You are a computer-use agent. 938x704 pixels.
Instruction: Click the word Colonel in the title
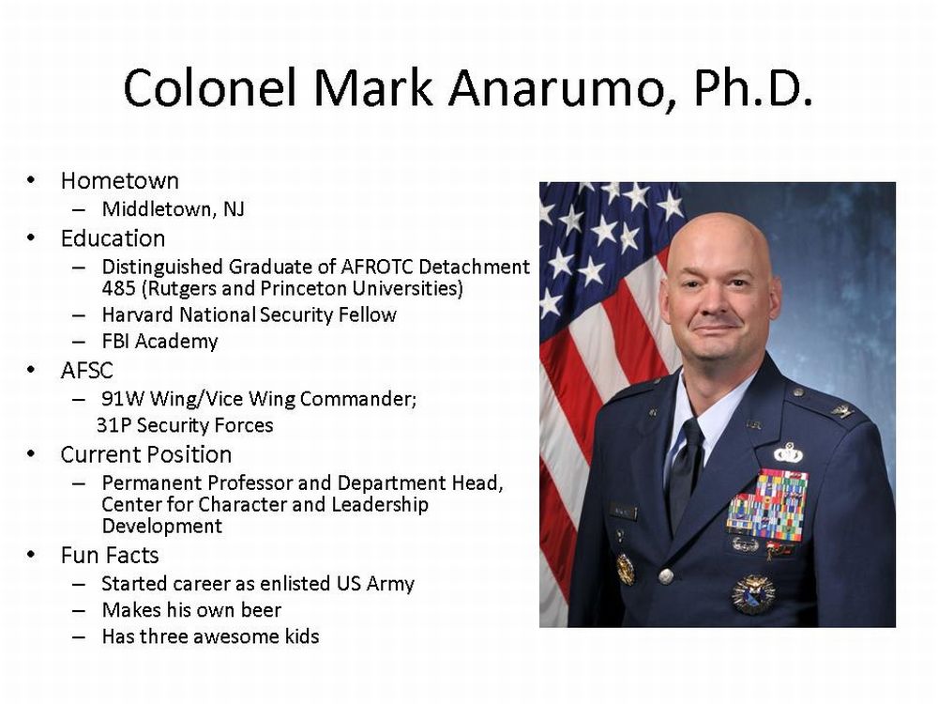tap(210, 87)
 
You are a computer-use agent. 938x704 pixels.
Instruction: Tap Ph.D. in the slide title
tap(752, 87)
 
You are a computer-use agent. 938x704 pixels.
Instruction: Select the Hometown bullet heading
tap(120, 181)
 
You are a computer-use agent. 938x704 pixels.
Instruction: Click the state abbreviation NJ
tap(234, 209)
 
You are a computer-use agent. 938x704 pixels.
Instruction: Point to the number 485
tap(119, 288)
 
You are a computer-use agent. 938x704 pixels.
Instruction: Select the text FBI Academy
tap(160, 342)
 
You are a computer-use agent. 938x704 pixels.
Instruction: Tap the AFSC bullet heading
tap(86, 371)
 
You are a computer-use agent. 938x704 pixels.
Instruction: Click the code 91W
tap(123, 399)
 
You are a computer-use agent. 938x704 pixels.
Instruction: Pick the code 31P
tap(113, 425)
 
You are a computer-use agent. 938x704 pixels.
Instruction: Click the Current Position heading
tap(146, 455)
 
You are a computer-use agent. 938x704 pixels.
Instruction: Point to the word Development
tap(162, 527)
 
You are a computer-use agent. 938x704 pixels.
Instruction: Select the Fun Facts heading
tap(110, 556)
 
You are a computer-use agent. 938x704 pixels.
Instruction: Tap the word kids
tap(298, 636)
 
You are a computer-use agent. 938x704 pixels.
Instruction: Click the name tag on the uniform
tap(623, 512)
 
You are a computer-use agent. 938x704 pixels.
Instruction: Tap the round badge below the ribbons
tap(754, 594)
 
